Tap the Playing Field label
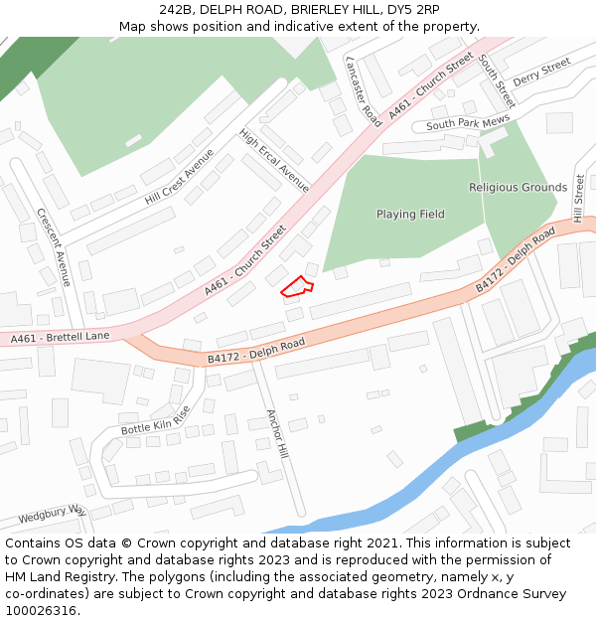(x=410, y=215)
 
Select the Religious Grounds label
(x=518, y=188)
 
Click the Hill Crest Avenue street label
(x=179, y=177)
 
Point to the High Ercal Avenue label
(x=274, y=160)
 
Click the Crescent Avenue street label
(x=54, y=247)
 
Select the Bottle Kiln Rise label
(x=155, y=421)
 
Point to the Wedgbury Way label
(x=52, y=515)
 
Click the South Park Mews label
(x=468, y=123)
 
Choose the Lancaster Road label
(x=363, y=90)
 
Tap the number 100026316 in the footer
(x=41, y=610)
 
